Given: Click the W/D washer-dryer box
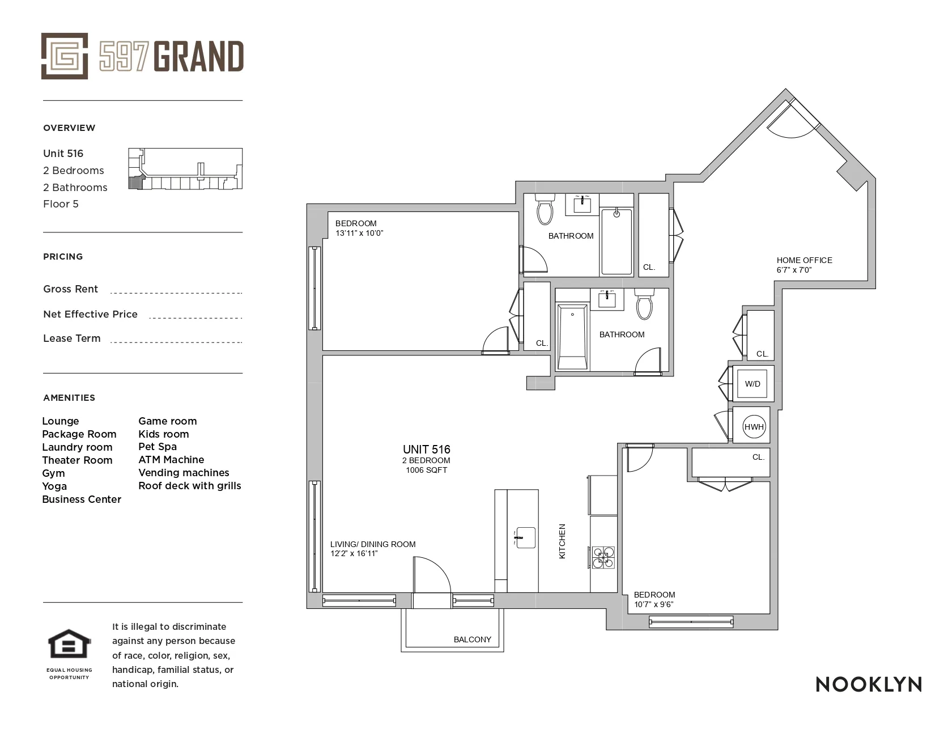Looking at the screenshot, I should pyautogui.click(x=752, y=384).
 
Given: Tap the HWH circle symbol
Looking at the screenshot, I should pyautogui.click(x=754, y=427).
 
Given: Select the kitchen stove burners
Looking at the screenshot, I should pyautogui.click(x=603, y=557).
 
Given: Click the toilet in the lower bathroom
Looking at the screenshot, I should pyautogui.click(x=644, y=304).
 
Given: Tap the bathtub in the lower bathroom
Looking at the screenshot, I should pyautogui.click(x=572, y=337).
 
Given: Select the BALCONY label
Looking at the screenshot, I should pyautogui.click(x=472, y=639).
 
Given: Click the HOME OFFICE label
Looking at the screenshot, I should pyautogui.click(x=804, y=260).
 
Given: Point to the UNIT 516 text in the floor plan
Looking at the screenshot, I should pyautogui.click(x=426, y=450).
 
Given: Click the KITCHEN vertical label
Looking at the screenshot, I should pyautogui.click(x=562, y=541).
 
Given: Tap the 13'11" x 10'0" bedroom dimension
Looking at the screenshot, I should pyautogui.click(x=359, y=233).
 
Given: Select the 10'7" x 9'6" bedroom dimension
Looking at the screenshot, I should pyautogui.click(x=653, y=604).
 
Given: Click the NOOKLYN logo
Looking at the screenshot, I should pyautogui.click(x=868, y=684).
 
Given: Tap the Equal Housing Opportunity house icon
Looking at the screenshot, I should pyautogui.click(x=69, y=645).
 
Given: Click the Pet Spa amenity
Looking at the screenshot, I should pyautogui.click(x=158, y=447).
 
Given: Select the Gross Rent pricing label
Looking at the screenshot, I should pyautogui.click(x=70, y=289).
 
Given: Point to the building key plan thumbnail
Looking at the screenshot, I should pyautogui.click(x=185, y=168).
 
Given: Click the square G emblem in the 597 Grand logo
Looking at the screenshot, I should pyautogui.click(x=64, y=56).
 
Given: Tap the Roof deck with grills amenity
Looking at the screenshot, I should pyautogui.click(x=189, y=486).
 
